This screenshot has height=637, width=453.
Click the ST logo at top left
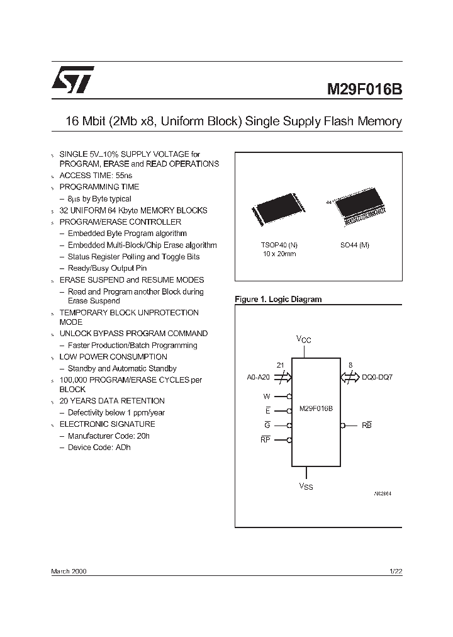72,78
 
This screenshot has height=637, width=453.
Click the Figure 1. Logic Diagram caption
278,300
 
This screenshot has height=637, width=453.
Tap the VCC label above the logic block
304,340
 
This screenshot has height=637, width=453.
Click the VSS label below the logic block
305,487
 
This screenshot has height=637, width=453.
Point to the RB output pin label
367,426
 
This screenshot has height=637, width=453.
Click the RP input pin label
265,441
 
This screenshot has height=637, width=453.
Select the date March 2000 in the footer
69,570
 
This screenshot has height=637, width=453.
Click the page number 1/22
395,570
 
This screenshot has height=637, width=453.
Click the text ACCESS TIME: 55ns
96,176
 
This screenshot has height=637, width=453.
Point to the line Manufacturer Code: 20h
108,436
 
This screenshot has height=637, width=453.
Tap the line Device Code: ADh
99,447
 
